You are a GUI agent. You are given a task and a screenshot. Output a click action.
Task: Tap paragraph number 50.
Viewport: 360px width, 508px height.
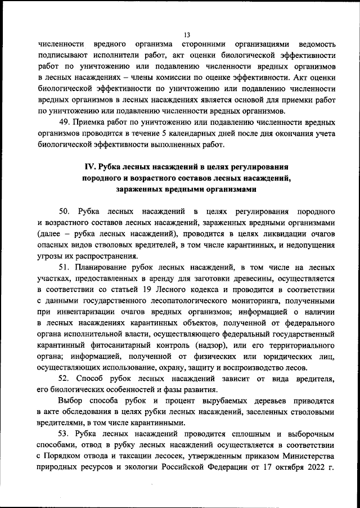pos(65,211)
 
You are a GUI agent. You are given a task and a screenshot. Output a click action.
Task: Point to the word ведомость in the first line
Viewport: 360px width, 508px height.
pos(318,43)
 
